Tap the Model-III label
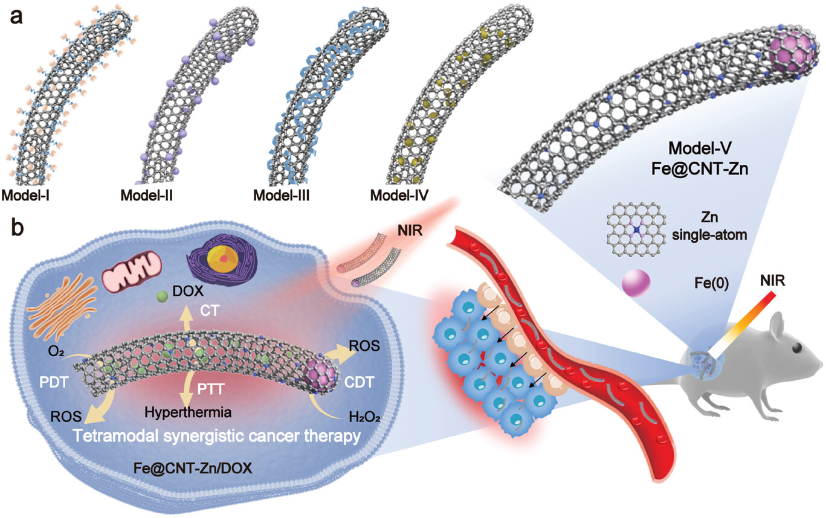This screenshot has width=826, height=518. coord(282,195)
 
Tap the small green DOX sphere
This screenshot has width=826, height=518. coord(161,297)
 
